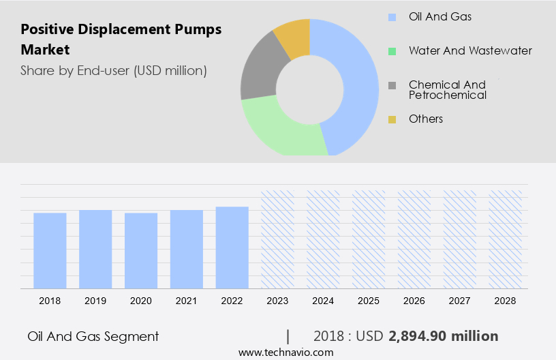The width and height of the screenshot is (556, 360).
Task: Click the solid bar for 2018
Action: point(50,250)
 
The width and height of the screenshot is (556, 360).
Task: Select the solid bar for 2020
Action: point(141,250)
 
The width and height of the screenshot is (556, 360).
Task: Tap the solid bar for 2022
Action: point(232,247)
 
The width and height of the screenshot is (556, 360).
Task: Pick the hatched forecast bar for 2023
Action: point(278,239)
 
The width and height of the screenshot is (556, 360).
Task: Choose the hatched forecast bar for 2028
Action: point(506,239)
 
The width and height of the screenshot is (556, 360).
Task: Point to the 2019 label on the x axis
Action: point(95,300)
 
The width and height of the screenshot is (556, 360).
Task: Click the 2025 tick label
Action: point(369,300)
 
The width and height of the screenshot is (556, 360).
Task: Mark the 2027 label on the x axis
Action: point(460,300)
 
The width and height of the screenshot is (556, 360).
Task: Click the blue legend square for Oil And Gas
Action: point(392,16)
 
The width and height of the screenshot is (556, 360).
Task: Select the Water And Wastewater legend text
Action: point(470,50)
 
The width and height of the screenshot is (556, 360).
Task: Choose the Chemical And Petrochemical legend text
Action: point(448,90)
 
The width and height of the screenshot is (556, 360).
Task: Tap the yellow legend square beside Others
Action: point(392,119)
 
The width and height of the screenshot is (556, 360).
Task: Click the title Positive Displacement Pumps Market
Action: point(121,40)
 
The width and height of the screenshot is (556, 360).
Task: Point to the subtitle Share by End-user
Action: point(114,70)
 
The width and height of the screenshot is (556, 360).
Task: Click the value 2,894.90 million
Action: point(444,336)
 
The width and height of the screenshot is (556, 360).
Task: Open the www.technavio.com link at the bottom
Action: point(286,352)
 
